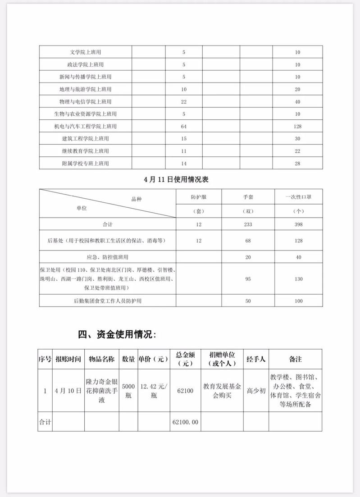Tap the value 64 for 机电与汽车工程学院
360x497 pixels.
[184, 126]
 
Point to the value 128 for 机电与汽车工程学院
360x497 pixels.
[297, 126]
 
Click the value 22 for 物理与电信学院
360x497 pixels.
[184, 101]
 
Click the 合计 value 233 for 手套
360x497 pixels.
[247, 224]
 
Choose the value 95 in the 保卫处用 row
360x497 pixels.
[247, 278]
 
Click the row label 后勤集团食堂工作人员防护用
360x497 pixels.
[107, 300]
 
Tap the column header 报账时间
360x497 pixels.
[68, 359]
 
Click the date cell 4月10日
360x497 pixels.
[68, 391]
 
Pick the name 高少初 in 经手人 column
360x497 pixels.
[256, 391]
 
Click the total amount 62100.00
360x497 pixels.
[186, 422]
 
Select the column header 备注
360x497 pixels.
[296, 359]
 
